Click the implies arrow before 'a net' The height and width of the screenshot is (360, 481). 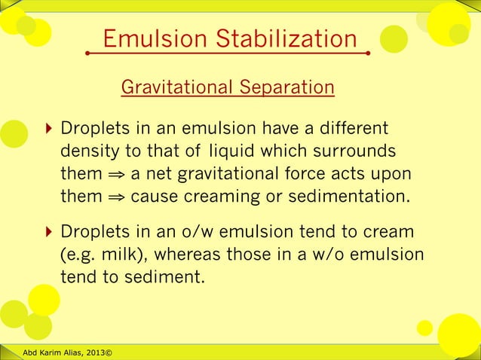coord(115,175)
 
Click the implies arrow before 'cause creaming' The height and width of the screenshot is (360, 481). coord(115,198)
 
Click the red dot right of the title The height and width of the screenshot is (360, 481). coord(368,53)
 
